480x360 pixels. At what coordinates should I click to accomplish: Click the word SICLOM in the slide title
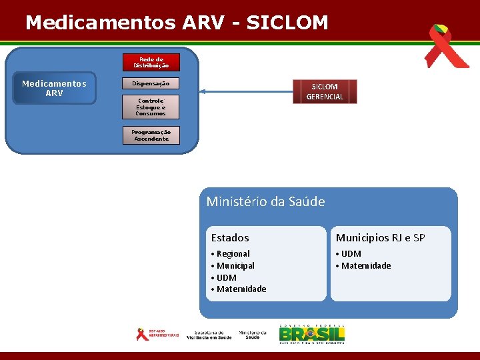pyautogui.click(x=287, y=23)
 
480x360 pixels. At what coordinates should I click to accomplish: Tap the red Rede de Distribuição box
pyautogui.click(x=151, y=63)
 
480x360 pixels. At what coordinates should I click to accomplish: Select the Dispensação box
pyautogui.click(x=151, y=84)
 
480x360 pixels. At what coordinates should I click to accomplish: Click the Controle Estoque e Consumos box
pyautogui.click(x=151, y=107)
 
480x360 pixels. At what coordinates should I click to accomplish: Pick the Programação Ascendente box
pyautogui.click(x=151, y=135)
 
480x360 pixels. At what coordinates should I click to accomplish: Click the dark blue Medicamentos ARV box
pyautogui.click(x=54, y=89)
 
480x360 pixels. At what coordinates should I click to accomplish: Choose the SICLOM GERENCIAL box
pyautogui.click(x=325, y=92)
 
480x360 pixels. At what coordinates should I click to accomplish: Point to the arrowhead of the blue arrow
pyautogui.click(x=203, y=92)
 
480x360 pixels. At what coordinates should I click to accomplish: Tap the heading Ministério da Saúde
pyautogui.click(x=265, y=201)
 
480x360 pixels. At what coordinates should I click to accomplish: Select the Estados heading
pyautogui.click(x=230, y=238)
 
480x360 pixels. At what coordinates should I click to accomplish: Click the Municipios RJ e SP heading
pyautogui.click(x=380, y=238)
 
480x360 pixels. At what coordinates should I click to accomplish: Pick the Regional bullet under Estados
pyautogui.click(x=233, y=254)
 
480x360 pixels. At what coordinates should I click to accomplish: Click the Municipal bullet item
pyautogui.click(x=235, y=266)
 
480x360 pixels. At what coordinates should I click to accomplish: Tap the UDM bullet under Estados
pyautogui.click(x=226, y=277)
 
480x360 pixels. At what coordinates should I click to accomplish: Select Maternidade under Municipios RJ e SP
pyautogui.click(x=366, y=266)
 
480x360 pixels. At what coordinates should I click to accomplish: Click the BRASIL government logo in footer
pyautogui.click(x=311, y=334)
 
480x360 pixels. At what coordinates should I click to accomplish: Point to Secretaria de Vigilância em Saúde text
pyautogui.click(x=213, y=335)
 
